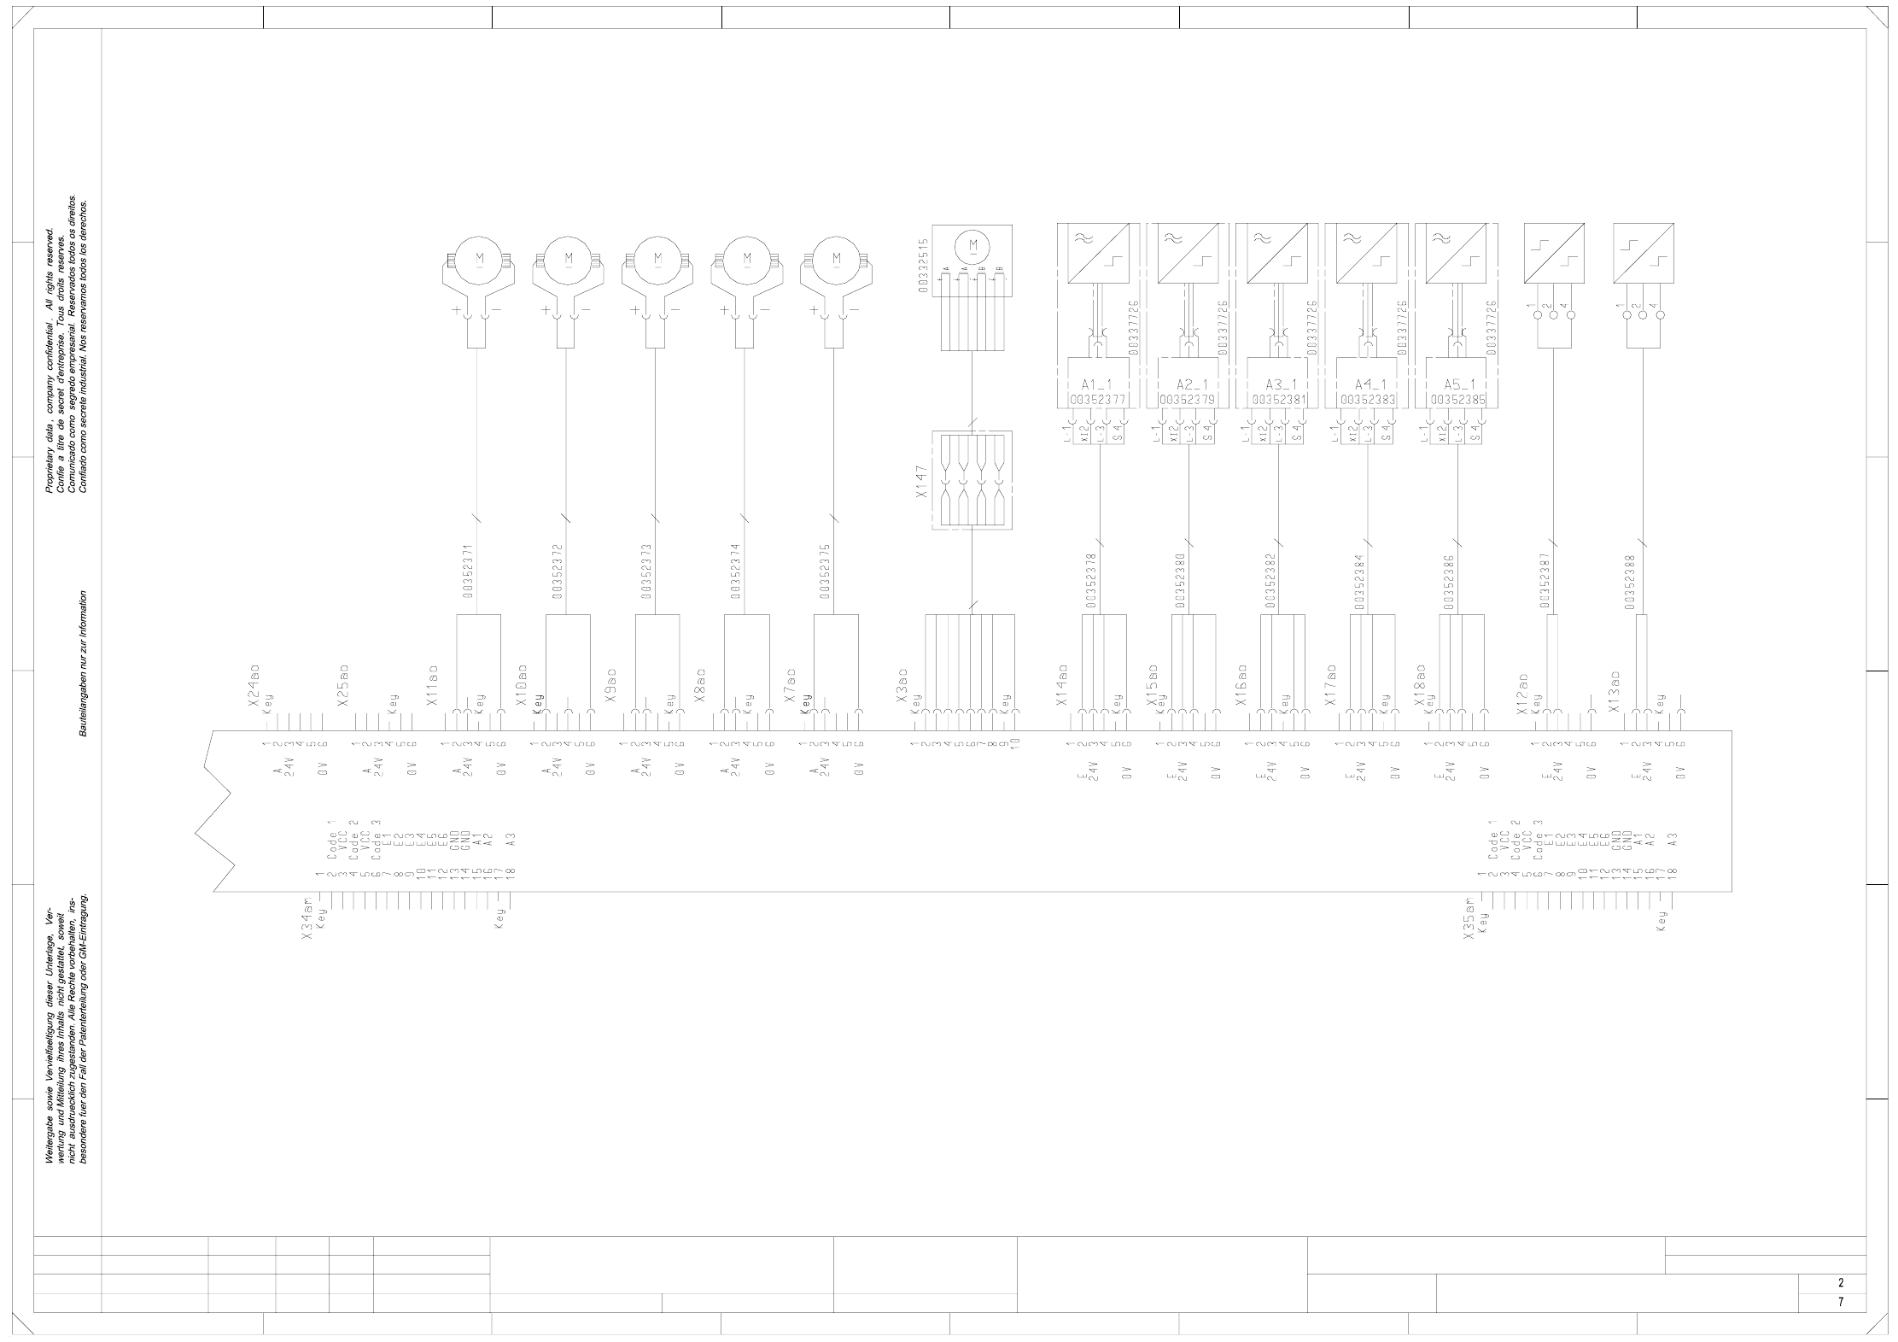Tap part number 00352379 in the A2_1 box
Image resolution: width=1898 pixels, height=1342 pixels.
pyautogui.click(x=1188, y=399)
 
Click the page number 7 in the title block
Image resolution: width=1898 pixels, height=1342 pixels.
pyautogui.click(x=1840, y=1327)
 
